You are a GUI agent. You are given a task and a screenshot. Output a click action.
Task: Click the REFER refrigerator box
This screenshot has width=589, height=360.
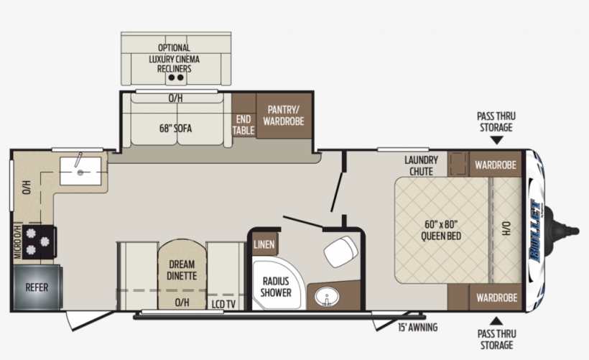click(x=37, y=287)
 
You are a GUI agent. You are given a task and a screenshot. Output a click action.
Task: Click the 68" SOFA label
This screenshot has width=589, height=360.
click(x=176, y=129)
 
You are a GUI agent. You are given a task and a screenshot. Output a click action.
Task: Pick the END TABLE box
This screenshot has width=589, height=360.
click(x=244, y=124)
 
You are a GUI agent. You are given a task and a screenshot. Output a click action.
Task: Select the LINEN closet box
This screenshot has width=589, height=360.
click(x=264, y=245)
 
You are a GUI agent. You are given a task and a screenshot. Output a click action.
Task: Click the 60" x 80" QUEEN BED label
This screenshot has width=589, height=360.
click(x=442, y=230)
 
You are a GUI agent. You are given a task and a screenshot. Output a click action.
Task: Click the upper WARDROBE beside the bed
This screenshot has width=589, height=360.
click(x=495, y=165)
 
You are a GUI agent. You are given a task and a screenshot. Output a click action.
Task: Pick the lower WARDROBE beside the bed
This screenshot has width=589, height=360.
click(x=495, y=297)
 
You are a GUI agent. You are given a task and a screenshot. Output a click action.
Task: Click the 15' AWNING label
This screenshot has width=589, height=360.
click(x=417, y=328)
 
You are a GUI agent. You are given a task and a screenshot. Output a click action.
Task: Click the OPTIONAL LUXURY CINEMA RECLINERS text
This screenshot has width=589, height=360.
click(x=175, y=58)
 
